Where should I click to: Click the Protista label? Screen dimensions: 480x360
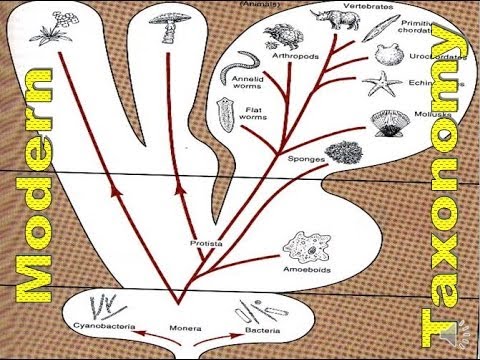(x=205, y=242)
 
